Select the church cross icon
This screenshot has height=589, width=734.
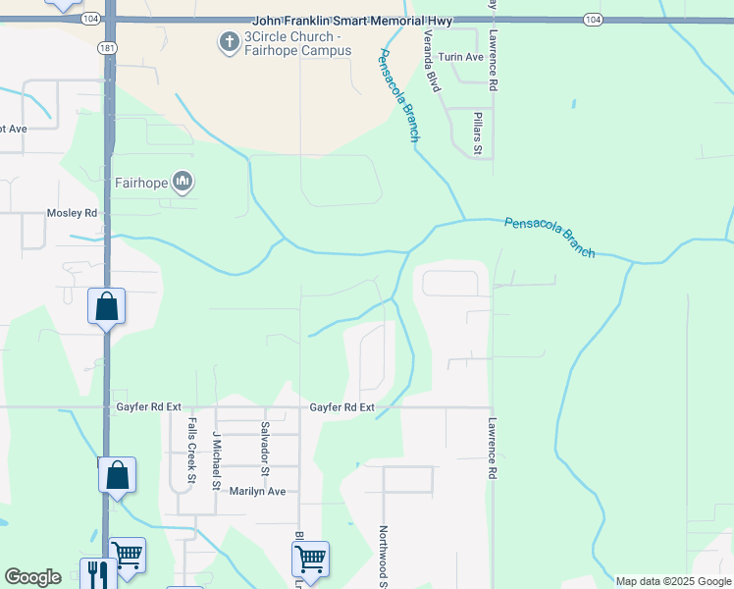(x=228, y=42)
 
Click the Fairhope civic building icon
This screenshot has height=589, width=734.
(x=183, y=182)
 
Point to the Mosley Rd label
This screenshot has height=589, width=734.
(x=73, y=213)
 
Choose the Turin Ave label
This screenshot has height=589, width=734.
(x=461, y=57)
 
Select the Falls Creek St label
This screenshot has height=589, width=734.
(x=191, y=452)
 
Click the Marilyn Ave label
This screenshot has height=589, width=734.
(x=256, y=491)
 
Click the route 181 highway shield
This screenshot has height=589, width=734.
(x=104, y=47)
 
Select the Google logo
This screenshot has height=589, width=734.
(x=32, y=577)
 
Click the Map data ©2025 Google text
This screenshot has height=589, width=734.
(x=672, y=581)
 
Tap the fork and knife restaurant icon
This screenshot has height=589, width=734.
(x=98, y=573)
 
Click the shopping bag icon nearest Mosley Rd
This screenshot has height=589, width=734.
(x=107, y=306)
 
